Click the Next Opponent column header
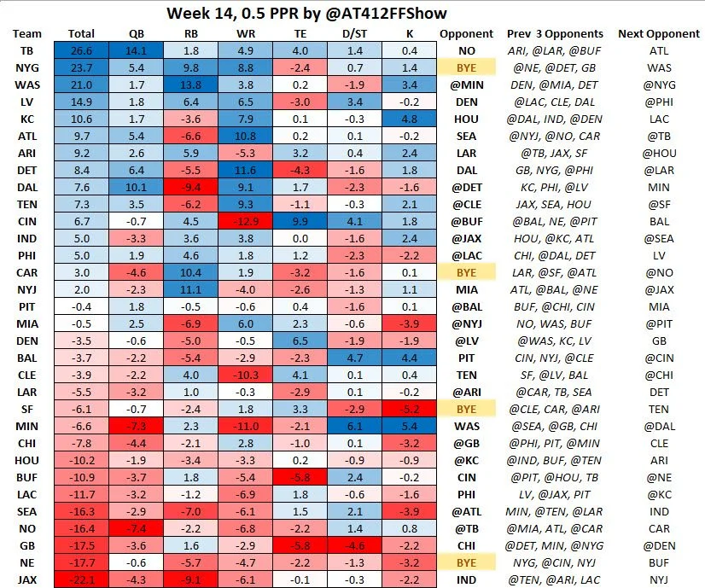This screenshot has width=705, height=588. (660, 33)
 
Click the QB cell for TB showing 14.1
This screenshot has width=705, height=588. (135, 49)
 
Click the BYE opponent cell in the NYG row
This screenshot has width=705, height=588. (467, 67)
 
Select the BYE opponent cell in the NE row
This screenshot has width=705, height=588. (467, 562)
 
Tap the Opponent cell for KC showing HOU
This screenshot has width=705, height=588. (467, 119)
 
